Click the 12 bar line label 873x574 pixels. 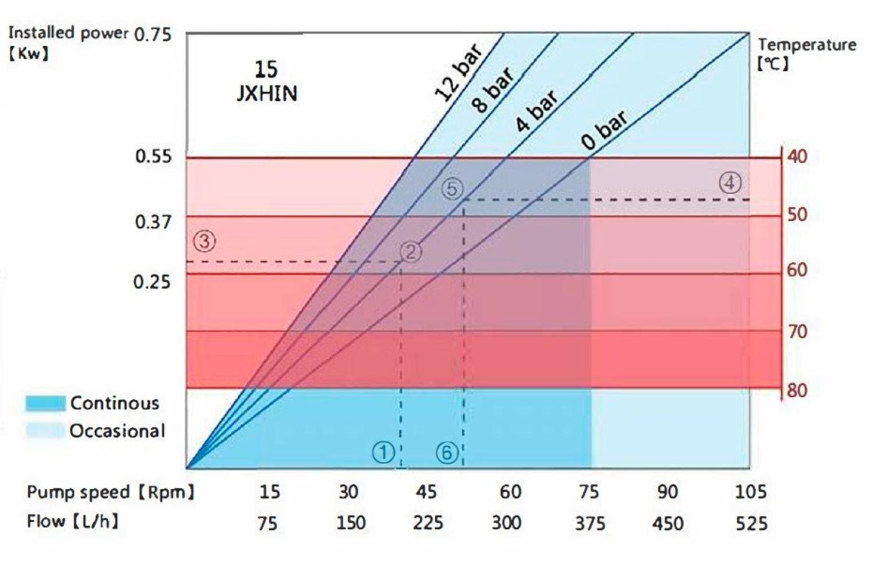[459, 74]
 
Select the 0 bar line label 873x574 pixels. [604, 131]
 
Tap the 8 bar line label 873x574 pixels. [492, 91]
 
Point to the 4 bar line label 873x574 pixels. [536, 111]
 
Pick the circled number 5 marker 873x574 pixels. [452, 189]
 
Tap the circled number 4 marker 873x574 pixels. [730, 183]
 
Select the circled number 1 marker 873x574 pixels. [383, 452]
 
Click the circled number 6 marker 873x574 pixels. [447, 452]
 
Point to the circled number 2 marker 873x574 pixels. [410, 251]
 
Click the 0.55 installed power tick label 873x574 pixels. [153, 156]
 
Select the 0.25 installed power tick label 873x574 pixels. [152, 282]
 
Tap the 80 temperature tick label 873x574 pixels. [797, 390]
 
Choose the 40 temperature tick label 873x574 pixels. [797, 156]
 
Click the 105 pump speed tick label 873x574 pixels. [751, 492]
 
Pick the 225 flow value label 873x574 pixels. [428, 523]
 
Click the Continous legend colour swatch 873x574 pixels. [45, 404]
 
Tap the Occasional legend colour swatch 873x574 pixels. [45, 430]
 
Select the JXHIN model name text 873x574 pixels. [267, 94]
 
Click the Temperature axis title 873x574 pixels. [806, 45]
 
